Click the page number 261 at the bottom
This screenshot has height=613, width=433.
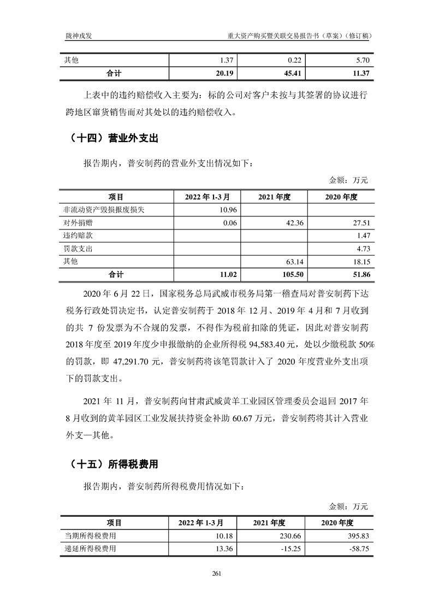[x=216, y=573]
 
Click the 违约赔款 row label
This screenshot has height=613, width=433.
[x=74, y=235]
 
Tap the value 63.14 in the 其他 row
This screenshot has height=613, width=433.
[x=294, y=261]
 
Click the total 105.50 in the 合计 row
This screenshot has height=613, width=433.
[x=292, y=274]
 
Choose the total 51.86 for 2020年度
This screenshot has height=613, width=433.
[x=360, y=274]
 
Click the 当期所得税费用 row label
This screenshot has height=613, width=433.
[x=90, y=536]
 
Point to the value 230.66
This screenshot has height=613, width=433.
[x=292, y=536]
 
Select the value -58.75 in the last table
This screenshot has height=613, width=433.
[x=359, y=549]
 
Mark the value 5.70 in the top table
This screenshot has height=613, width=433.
[x=363, y=60]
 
